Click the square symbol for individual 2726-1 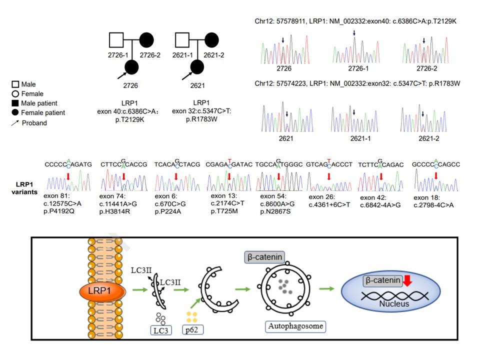coord(117,40)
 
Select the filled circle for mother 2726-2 coord(146,40)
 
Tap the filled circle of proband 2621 coord(197,67)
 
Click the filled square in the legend coord(16,103)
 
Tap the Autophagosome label coord(295,326)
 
